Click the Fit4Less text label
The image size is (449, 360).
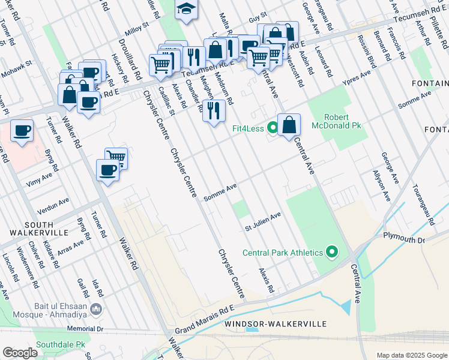pyautogui.click(x=248, y=128)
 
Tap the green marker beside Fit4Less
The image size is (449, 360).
pyautogui.click(x=273, y=127)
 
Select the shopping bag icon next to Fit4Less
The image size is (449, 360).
pyautogui.click(x=289, y=125)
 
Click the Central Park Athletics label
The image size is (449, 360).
pyautogui.click(x=282, y=253)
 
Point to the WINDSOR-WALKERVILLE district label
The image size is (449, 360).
pyautogui.click(x=275, y=324)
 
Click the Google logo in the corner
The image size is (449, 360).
pyautogui.click(x=20, y=352)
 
